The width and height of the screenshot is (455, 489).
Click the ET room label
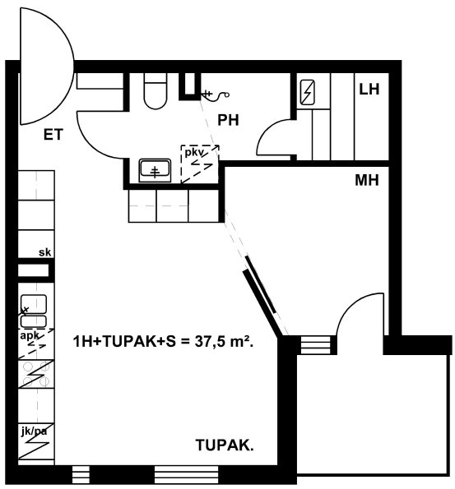pos(53,135)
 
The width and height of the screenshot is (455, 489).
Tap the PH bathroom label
pos(228,120)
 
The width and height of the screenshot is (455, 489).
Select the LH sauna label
pos(369,90)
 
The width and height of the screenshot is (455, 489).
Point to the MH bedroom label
pos(367,180)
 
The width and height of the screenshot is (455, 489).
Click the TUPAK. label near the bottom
pos(225,445)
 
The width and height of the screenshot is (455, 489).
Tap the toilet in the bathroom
pos(156,91)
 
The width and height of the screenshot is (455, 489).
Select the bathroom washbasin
pos(155,170)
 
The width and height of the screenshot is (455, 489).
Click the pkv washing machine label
pos(194,153)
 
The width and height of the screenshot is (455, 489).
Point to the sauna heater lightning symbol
pos(307,92)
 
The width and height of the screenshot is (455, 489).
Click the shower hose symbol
pos(216,95)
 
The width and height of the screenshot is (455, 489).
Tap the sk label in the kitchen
pos(44,252)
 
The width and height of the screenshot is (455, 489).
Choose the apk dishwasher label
pos(30,335)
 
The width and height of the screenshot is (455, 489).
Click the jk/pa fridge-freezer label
pos(35,431)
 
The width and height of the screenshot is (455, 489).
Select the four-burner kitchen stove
pos(36,374)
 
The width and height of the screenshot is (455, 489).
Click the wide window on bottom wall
pos(187,475)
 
